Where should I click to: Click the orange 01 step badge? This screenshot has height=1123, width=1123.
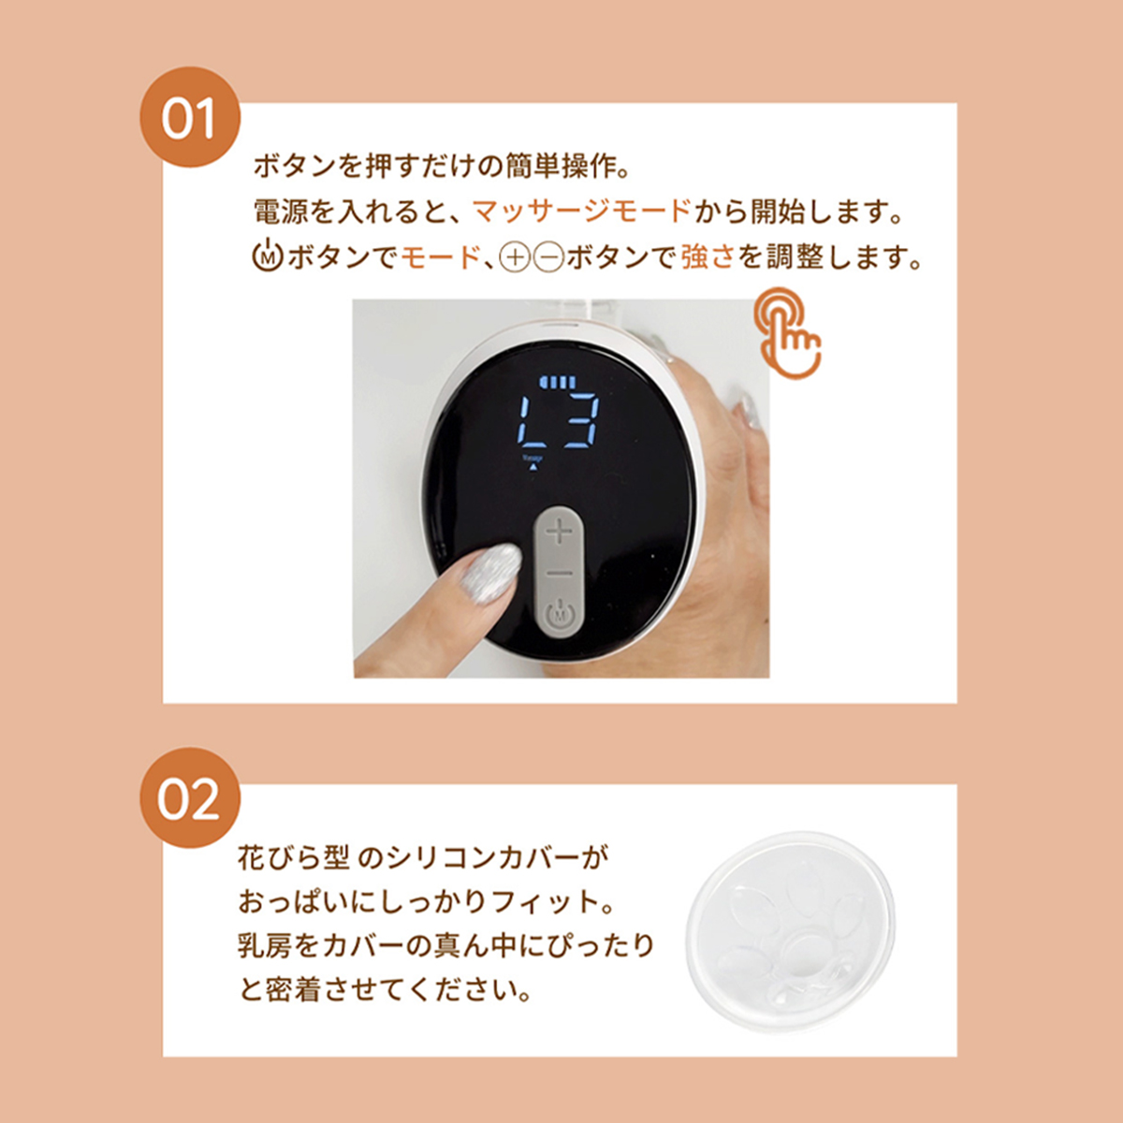pos(190,117)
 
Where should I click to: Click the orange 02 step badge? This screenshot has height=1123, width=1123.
pos(190,798)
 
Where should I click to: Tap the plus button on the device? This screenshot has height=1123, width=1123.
pos(559,532)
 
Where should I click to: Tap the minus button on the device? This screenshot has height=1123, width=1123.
pos(559,574)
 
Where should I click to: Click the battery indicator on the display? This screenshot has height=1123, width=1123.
pos(559,383)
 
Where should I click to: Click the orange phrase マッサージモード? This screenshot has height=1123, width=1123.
pos(581,211)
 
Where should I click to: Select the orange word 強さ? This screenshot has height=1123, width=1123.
pos(707,257)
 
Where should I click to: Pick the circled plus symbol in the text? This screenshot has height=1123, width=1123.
pos(516,257)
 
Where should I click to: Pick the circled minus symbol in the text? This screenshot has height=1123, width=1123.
pos(548,257)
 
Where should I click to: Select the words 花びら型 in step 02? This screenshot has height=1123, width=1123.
pos(293,857)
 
